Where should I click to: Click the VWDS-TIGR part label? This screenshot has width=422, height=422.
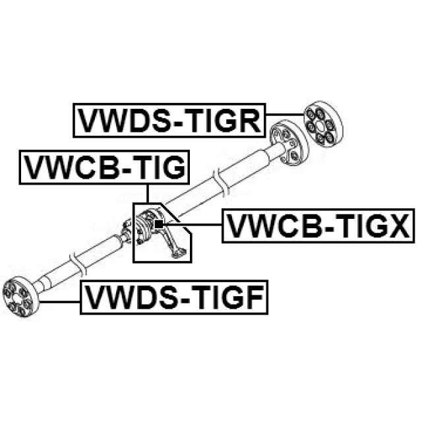tap(169, 121)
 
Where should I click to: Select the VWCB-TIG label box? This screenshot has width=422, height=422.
tap(104, 167)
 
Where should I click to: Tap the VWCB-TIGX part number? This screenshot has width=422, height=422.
tap(318, 226)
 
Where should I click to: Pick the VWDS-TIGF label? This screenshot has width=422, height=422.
tap(174, 297)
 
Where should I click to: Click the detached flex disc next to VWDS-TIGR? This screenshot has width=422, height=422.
tap(323, 124)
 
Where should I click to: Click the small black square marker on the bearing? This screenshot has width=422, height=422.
tap(159, 224)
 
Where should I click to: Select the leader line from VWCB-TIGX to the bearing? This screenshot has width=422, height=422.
tap(193, 224)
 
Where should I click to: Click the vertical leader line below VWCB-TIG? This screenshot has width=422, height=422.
tap(148, 193)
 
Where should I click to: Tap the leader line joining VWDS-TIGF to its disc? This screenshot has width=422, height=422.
tap(60, 302)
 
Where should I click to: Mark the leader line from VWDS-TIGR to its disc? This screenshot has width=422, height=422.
tap(285, 114)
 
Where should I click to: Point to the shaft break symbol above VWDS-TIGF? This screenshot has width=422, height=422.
tap(78, 265)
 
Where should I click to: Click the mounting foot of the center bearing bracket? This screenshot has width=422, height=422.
tap(179, 253)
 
